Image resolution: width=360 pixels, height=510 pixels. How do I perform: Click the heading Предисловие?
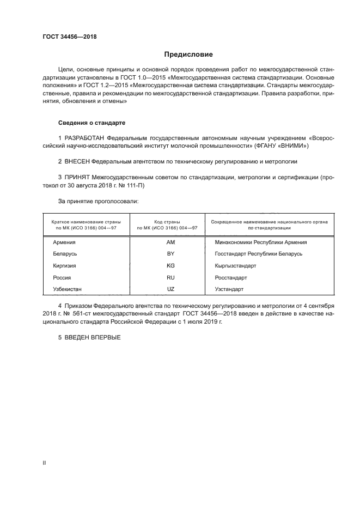pos(188,54)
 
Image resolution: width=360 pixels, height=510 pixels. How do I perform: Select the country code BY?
pos(170,254)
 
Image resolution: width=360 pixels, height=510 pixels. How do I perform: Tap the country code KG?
pos(170,265)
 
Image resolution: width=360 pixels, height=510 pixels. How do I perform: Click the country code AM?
pos(170,242)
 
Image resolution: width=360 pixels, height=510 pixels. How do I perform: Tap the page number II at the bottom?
pos(45,463)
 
